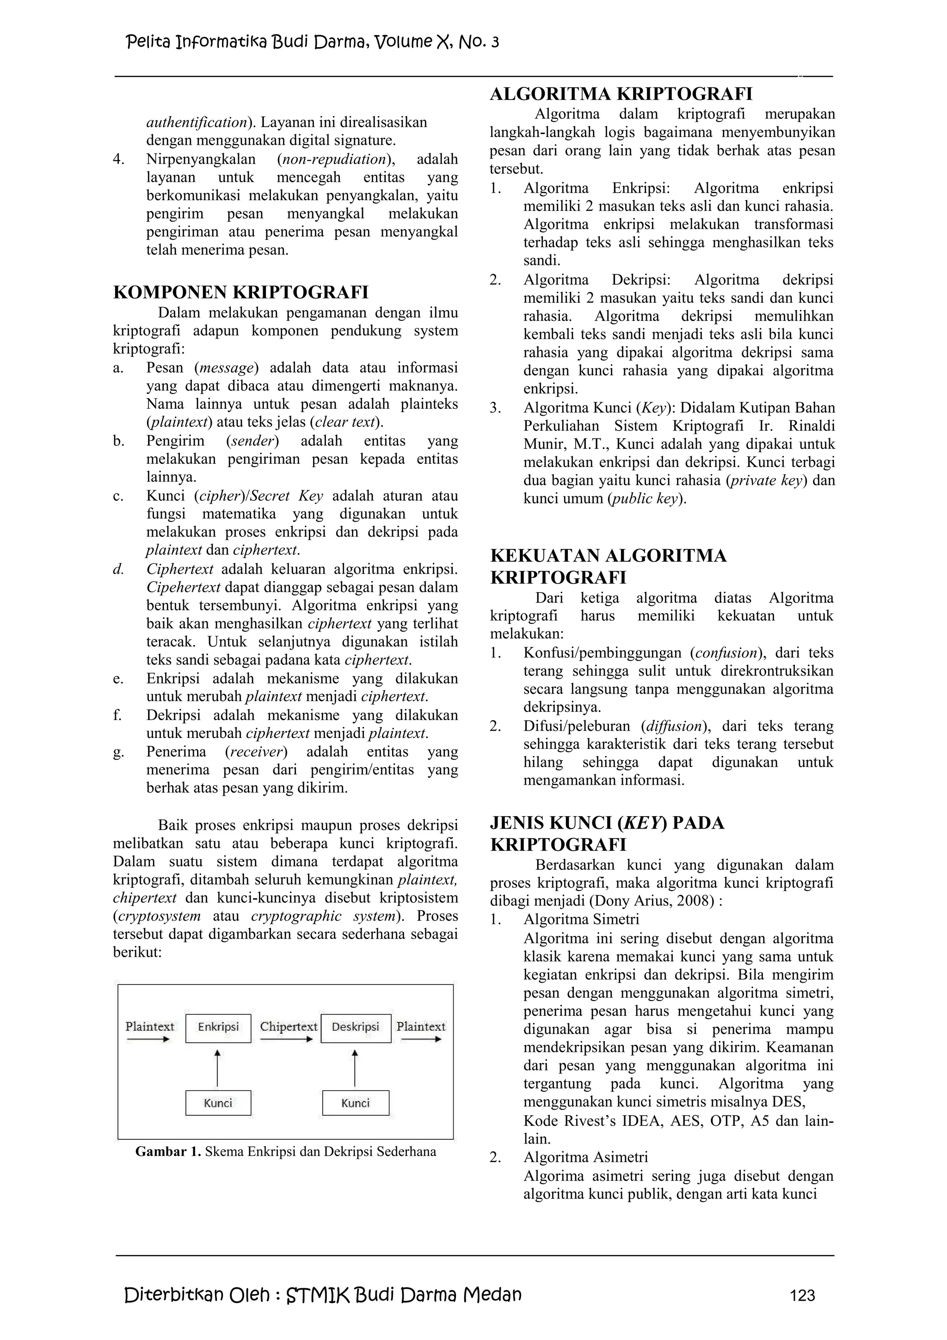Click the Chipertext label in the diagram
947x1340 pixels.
pyautogui.click(x=288, y=1027)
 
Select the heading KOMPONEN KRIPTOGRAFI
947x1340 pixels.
pyautogui.click(x=240, y=292)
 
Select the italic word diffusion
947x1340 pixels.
pyautogui.click(x=671, y=726)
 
